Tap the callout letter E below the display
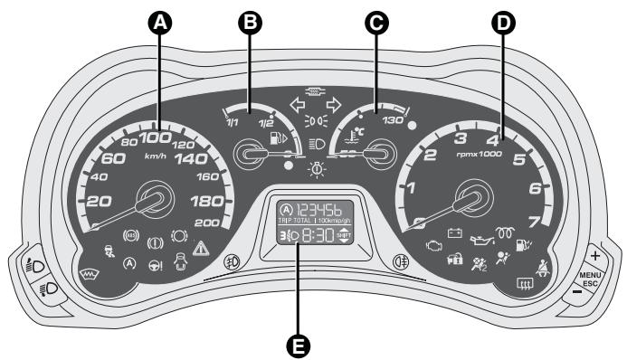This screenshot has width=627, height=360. pyautogui.click(x=313, y=342)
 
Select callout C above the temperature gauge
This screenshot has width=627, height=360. pyautogui.click(x=371, y=26)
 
